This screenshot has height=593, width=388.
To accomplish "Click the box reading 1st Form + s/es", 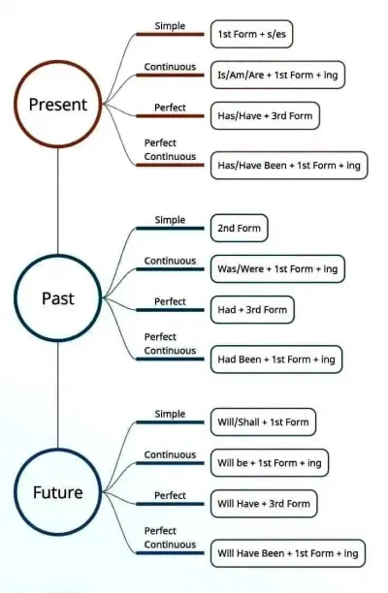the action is pos(252,34).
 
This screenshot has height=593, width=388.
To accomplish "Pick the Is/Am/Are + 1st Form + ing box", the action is pos(277,75).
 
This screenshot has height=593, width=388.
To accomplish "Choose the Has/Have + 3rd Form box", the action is pos(265,115).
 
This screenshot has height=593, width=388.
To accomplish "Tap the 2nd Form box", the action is pos(240,228).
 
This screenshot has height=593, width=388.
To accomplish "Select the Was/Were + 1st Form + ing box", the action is pos(277,269).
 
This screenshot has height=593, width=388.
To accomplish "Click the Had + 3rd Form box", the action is pos(252,310).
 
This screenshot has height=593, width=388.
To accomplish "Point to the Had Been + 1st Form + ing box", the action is pos(276,359).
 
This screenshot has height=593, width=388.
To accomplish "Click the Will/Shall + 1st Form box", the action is pos(263,422).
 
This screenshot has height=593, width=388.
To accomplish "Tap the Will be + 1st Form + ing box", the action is pos(270,463).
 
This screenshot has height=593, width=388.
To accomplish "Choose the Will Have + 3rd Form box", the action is pos(264,504).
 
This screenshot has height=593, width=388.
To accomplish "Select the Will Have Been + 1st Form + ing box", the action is pos(288,553).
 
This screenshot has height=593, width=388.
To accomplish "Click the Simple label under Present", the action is pos(170,26).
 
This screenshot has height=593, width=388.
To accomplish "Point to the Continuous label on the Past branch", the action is pos(170,261).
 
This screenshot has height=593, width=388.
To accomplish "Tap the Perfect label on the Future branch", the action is pos(170,495).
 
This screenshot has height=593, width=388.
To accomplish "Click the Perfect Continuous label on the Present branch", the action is pos(170,150).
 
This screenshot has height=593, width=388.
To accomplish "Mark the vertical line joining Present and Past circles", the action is pos(58,202).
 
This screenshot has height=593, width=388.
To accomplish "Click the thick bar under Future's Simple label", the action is pos(170,422).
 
